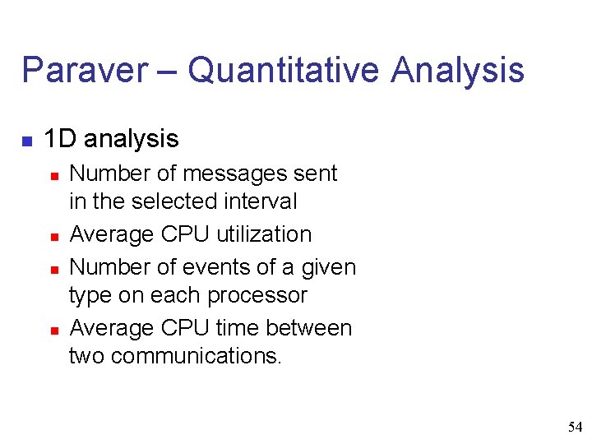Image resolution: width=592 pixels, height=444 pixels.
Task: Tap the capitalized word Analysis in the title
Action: point(458,70)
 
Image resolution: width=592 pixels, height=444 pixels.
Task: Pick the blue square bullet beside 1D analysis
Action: point(27,141)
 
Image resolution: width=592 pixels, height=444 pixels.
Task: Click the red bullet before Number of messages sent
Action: point(53,175)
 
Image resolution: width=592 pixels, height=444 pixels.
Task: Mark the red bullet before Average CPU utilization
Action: point(53,236)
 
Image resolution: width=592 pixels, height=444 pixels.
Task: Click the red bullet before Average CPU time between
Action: point(53,330)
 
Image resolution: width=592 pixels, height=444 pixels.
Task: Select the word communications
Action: point(195,356)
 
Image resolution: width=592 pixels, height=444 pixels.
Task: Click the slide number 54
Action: point(576,427)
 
